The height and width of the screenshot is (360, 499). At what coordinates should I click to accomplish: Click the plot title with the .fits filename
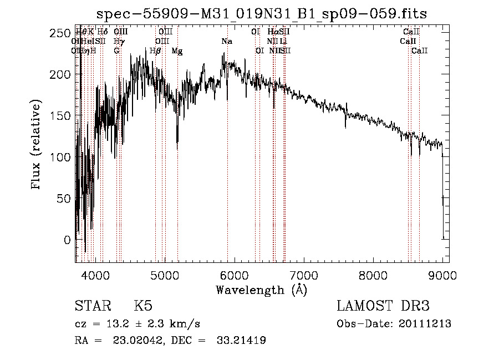(262, 13)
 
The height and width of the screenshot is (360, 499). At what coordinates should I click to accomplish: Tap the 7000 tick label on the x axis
(304, 274)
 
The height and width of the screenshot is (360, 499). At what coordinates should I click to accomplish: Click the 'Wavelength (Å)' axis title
(262, 290)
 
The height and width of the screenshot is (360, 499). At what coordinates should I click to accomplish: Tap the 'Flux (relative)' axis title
(37, 145)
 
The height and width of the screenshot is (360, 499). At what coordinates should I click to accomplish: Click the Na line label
(226, 42)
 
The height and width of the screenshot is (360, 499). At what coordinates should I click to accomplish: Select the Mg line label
(177, 51)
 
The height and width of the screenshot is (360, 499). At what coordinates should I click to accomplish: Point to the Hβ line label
(155, 51)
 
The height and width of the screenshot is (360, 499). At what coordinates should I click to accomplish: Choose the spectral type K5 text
(143, 306)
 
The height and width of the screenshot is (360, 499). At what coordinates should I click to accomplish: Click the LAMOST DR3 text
(383, 306)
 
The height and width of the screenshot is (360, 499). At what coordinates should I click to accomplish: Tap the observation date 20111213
(426, 324)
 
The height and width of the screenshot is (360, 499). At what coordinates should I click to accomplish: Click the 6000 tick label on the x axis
(234, 274)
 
